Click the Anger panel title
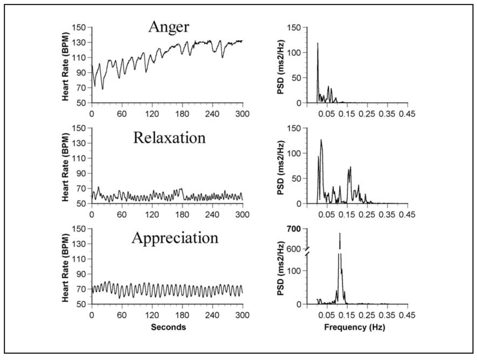coord(169,27)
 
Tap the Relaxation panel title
coord(169,138)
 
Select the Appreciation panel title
coord(175,238)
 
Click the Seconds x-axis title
coord(169,327)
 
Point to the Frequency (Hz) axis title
coord(355,327)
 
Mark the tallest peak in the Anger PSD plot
coord(318,43)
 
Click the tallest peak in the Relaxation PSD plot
coord(321,140)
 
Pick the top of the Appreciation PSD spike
coord(340,233)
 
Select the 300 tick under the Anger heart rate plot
coord(243,113)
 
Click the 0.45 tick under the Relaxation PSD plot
coord(407,214)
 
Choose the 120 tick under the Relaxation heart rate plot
coord(152,214)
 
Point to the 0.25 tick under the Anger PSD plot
coord(367,113)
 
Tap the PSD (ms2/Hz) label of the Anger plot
coord(281,67)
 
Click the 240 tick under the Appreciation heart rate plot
coord(212,315)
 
